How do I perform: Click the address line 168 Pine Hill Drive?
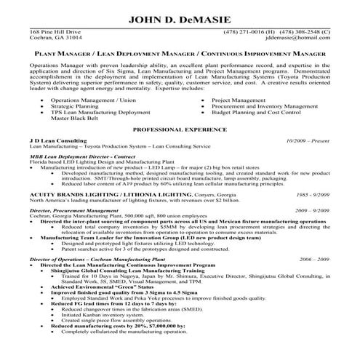click(55, 33)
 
